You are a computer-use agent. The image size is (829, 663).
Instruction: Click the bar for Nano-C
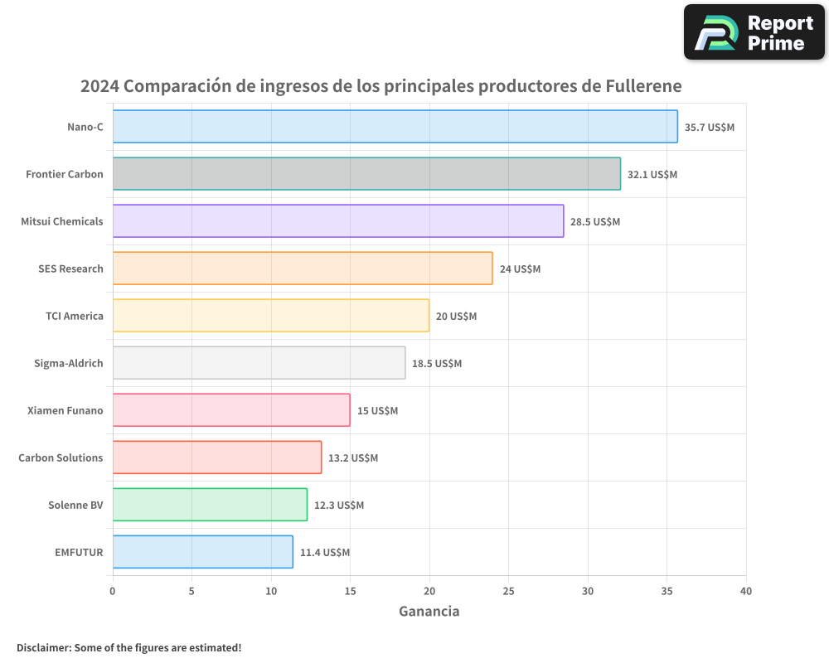click(395, 127)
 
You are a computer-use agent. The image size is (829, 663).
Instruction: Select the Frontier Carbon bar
click(366, 174)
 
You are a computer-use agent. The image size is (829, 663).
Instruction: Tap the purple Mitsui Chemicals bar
click(338, 221)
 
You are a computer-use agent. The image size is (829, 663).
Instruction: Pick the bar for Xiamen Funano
click(231, 410)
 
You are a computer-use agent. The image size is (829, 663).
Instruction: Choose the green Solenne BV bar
click(210, 505)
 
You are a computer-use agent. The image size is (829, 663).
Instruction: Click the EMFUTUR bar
click(203, 552)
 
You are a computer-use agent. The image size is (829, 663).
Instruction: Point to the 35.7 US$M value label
click(710, 128)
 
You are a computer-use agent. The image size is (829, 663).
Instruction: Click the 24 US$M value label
click(520, 269)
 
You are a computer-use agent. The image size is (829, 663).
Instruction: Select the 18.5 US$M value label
click(437, 364)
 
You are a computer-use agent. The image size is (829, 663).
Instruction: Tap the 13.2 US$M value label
click(353, 458)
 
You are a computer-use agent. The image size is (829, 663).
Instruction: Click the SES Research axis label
click(70, 269)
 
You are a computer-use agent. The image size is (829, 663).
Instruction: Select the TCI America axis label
click(75, 316)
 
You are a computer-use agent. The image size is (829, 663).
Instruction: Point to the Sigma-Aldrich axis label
click(69, 363)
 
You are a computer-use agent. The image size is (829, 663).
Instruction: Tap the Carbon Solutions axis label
click(61, 457)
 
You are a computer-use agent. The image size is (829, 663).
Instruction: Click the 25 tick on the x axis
click(508, 592)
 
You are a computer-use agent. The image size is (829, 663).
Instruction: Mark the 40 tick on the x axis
click(746, 592)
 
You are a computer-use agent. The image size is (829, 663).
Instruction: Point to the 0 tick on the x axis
click(113, 592)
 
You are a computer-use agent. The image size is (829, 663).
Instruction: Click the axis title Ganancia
click(429, 612)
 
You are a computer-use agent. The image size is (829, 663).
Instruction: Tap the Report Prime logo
click(754, 32)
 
